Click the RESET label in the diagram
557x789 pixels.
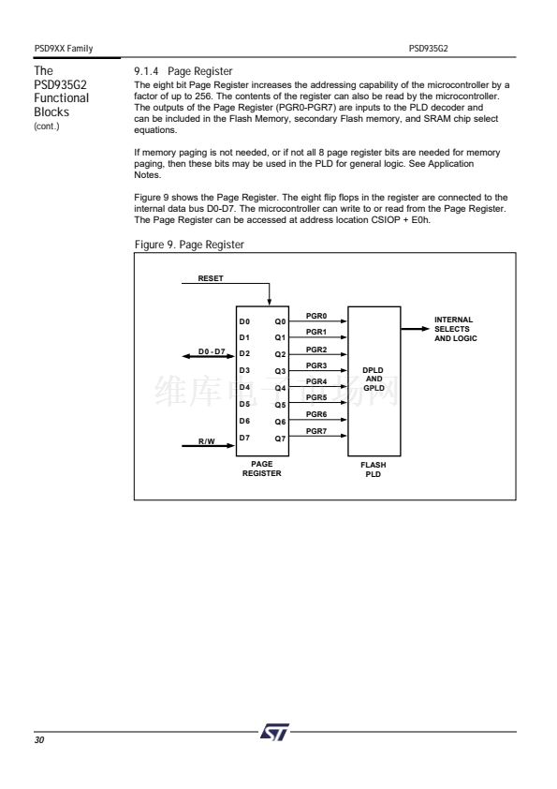[x=210, y=278]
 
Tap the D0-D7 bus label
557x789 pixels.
[x=212, y=351]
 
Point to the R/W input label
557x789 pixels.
[x=206, y=441]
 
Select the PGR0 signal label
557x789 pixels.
[x=316, y=316]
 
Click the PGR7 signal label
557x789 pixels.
[x=316, y=431]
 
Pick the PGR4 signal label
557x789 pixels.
[x=316, y=381]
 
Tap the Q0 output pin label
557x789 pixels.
[x=280, y=321]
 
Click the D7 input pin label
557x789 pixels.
[x=244, y=438]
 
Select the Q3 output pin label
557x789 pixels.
[x=280, y=371]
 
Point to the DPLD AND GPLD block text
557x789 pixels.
[x=374, y=379]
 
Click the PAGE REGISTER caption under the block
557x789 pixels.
[x=262, y=469]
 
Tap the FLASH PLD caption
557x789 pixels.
[x=373, y=469]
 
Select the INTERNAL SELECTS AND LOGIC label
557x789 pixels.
[x=456, y=329]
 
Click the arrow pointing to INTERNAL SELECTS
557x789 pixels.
[x=416, y=329]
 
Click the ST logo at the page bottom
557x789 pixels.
[x=275, y=732]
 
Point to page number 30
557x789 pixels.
[x=39, y=739]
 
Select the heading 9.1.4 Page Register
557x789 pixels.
[x=183, y=71]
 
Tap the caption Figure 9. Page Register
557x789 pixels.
[x=189, y=245]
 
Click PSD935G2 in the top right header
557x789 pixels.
[x=429, y=49]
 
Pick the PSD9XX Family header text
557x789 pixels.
[x=64, y=49]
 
